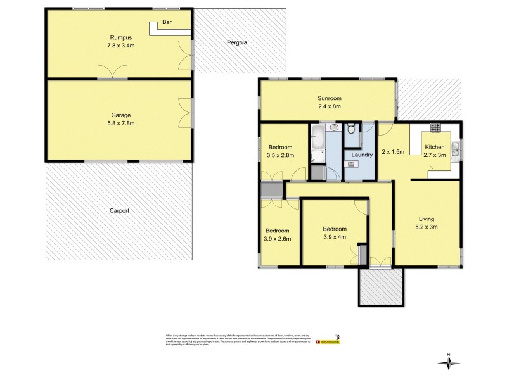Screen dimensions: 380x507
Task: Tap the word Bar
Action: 168,22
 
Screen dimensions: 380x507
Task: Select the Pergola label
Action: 236,44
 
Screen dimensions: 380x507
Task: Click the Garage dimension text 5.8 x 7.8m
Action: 121,123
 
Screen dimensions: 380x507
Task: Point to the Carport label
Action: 119,210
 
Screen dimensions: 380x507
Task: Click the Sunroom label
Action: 330,98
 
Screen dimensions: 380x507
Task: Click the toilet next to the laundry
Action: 352,130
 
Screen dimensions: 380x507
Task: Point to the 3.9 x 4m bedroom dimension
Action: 334,237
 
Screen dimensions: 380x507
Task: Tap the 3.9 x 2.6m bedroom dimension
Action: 278,239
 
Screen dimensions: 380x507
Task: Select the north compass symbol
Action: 449,362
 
